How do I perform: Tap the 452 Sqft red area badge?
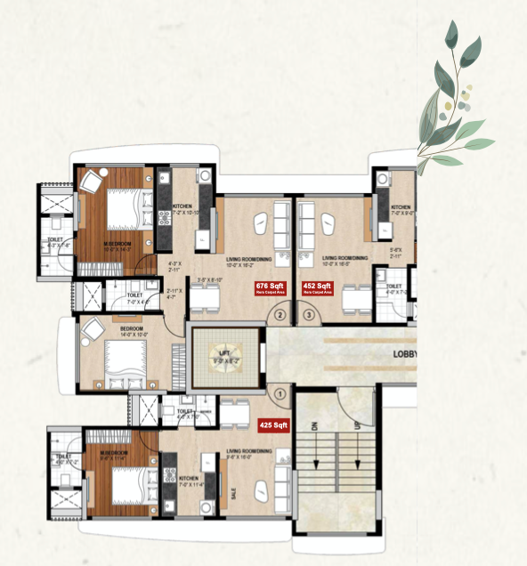point(318,287)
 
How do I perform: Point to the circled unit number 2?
point(281,314)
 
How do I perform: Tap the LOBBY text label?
point(404,353)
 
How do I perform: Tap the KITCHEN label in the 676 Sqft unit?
point(182,206)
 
